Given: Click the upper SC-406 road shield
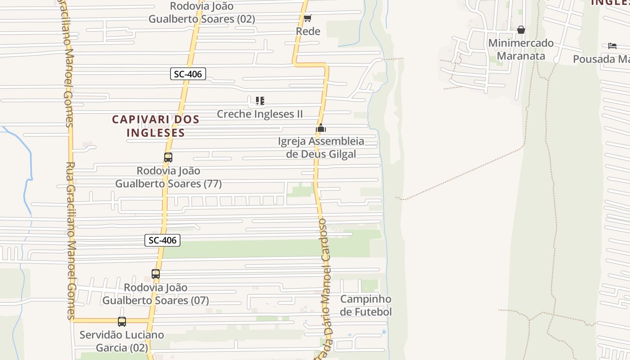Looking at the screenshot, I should click(188, 74).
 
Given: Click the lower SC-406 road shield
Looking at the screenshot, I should click(162, 240).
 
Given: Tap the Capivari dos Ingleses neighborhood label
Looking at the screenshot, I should click(155, 126).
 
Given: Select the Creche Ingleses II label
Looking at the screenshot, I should click(260, 114).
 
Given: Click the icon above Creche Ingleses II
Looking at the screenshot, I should click(260, 101).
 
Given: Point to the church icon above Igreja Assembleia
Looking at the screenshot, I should click(320, 128).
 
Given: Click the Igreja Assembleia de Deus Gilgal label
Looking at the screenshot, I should click(321, 148).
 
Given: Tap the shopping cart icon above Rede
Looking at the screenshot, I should click(308, 18).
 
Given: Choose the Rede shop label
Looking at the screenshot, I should click(308, 31).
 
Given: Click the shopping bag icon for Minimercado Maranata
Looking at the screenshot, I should click(521, 30).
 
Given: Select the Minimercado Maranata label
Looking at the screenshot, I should click(521, 49).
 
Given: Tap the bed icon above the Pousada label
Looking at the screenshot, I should click(612, 46).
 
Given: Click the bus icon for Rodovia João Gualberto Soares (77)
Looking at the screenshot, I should click(168, 158).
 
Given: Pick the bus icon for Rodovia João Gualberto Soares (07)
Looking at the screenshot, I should click(156, 274).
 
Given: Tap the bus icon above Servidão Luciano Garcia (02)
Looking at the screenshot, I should click(122, 322).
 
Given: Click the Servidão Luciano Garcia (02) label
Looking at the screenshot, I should click(122, 341).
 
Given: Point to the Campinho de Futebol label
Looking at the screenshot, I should click(366, 306).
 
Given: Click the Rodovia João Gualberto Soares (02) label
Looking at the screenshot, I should click(202, 13).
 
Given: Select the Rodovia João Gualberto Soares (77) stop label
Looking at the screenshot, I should click(168, 177).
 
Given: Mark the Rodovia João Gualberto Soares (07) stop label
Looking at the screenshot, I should click(156, 294).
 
